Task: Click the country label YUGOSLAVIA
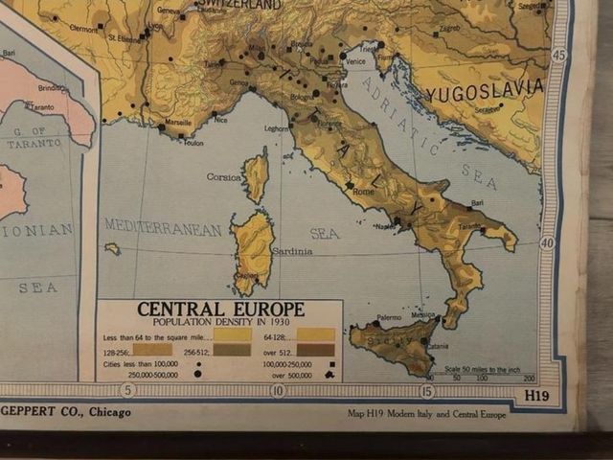point(485,91)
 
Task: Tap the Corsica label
point(224,177)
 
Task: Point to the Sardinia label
point(293,252)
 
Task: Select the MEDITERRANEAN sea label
point(163,228)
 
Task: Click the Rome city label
point(364,192)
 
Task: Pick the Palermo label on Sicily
point(389,317)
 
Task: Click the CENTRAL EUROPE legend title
point(220,310)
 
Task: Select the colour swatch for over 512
point(315,350)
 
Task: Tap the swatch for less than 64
point(233,335)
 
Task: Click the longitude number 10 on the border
point(278,390)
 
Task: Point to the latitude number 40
point(547,243)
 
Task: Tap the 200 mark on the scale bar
point(529,379)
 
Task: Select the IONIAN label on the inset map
point(36,230)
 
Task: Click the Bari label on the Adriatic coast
point(476,203)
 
